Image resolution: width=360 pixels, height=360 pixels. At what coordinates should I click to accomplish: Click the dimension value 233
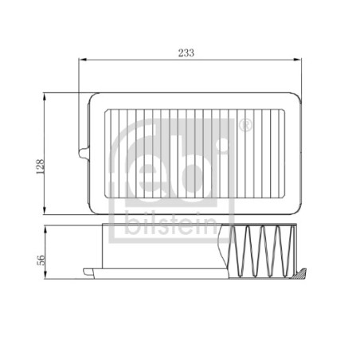tap(186, 53)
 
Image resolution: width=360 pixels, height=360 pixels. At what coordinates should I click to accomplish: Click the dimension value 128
tap(40, 166)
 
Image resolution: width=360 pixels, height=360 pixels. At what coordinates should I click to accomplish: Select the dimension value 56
tap(41, 260)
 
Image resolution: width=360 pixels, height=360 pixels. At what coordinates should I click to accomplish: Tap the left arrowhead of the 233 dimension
tap(83, 60)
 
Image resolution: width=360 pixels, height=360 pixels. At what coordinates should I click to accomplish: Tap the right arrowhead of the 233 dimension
tap(297, 60)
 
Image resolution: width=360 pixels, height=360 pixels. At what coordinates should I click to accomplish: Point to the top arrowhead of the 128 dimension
tap(45, 97)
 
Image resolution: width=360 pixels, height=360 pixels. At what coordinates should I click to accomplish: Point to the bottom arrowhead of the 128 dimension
tap(45, 210)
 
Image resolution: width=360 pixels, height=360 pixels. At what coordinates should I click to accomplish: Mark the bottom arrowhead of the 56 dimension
tap(45, 275)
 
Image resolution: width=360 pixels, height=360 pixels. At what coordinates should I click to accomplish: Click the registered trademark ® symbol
tap(245, 126)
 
